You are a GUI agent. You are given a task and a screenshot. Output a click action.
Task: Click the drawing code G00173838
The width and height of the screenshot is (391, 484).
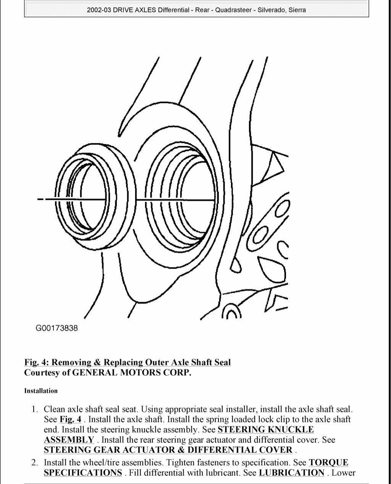click(x=57, y=328)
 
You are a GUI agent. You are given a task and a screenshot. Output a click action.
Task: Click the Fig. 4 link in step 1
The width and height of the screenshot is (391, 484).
click(x=70, y=419)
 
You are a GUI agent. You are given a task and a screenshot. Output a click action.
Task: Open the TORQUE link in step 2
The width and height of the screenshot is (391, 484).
click(x=328, y=463)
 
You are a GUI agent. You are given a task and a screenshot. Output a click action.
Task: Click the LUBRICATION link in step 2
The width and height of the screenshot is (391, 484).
click(x=291, y=473)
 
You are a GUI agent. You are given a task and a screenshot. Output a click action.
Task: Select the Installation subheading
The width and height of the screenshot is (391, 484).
click(x=41, y=391)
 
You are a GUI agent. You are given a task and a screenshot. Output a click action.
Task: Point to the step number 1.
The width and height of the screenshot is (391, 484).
click(x=34, y=409)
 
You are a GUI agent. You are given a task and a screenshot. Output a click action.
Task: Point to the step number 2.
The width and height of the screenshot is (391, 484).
click(x=34, y=463)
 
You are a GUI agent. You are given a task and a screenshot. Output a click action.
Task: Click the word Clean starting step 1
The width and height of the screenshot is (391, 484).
click(x=55, y=409)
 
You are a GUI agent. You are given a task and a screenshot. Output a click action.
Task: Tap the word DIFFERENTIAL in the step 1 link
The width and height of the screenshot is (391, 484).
click(x=218, y=450)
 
